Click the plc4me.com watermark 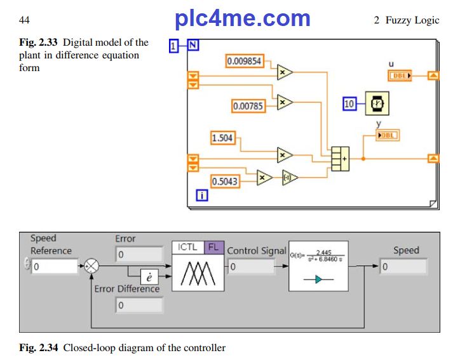(243, 19)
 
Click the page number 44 (24, 20)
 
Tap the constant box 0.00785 (248, 106)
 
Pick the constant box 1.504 (222, 138)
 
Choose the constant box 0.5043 (224, 182)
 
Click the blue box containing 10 (349, 103)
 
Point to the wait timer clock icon (378, 103)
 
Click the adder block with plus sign (340, 158)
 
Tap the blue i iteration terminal (202, 195)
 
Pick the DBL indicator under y (388, 135)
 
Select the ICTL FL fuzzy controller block (198, 266)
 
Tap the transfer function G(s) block (318, 266)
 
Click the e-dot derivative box (149, 278)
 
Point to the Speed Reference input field (55, 267)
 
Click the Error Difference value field (139, 305)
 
